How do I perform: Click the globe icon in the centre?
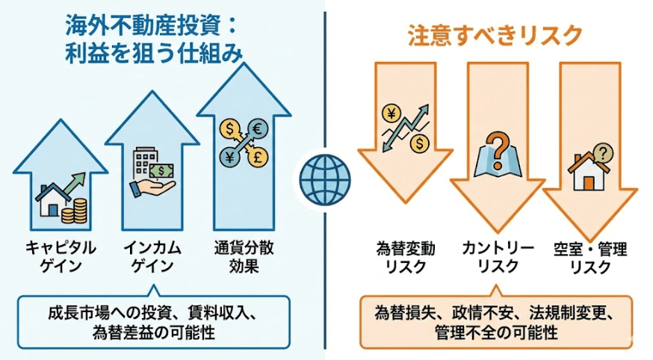click(x=325, y=177)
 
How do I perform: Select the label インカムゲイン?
click(x=152, y=257)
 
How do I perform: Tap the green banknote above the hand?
click(x=161, y=170)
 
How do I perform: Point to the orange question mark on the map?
click(x=496, y=143)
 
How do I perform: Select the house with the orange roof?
click(x=587, y=174)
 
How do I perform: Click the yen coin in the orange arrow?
click(x=389, y=114)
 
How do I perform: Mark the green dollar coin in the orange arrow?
click(x=421, y=140)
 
